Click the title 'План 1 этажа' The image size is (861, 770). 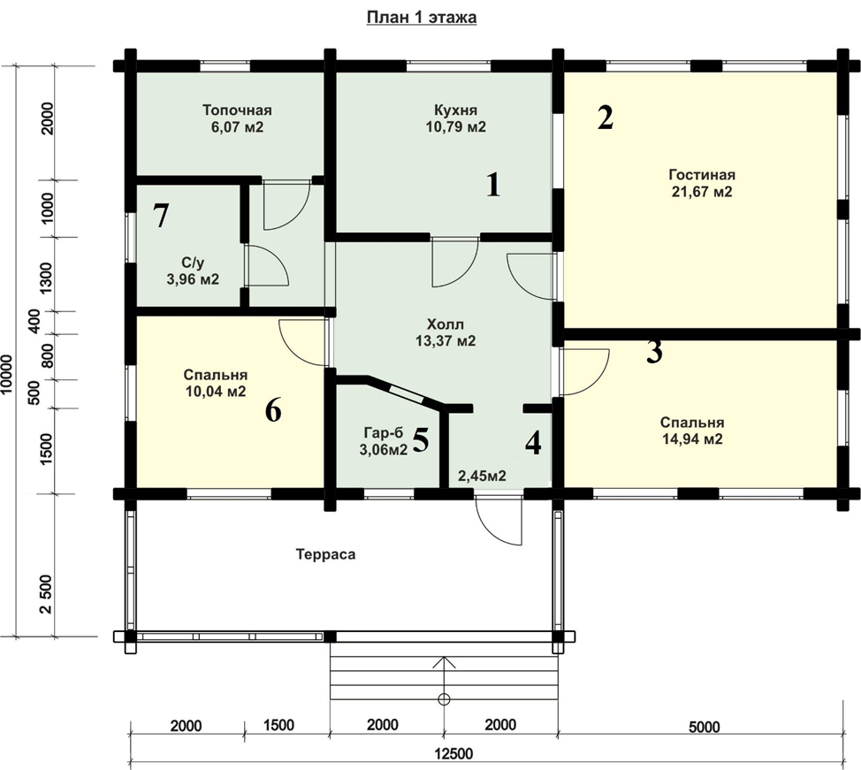pos(421,18)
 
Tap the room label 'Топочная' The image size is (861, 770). pos(237,110)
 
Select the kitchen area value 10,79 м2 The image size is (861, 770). pos(456,127)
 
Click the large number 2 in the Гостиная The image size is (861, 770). pos(606,118)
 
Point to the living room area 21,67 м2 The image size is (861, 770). pos(702,192)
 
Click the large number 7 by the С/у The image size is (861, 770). pos(160,216)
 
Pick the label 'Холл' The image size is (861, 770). pos(446,324)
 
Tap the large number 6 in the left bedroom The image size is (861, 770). pos(273,409)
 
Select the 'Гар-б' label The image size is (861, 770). pos(384,433)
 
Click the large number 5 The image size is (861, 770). pos(420,439)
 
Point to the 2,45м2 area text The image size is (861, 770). pos(482,476)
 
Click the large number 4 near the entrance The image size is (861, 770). pos(533,443)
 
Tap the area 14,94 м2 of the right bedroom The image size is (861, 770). pos(692,438)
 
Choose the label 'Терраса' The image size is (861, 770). pos(325,554)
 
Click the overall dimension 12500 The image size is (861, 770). pos(453,753)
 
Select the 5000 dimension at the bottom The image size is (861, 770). pos(704,728)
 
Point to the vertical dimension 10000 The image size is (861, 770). pos(7,373)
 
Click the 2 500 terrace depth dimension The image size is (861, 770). pos(47,594)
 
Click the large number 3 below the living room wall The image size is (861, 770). pos(654,352)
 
